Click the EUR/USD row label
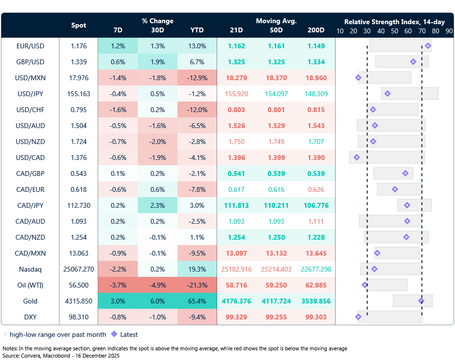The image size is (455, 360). pos(30,46)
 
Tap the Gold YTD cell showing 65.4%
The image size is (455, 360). pos(197,301)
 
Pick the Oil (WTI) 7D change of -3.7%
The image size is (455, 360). pos(117,285)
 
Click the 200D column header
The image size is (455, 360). pos(316,30)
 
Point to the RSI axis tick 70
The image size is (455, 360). pos(422,30)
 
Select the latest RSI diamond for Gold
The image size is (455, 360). pos(421,301)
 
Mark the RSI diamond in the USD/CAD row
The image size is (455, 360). pos(357,157)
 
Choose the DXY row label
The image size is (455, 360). pos(30,317)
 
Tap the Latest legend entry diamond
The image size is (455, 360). pos(114,334)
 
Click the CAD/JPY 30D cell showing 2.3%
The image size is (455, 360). pos(157,205)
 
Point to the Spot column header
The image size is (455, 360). pos(79,25)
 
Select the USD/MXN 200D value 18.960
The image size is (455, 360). pos(316,78)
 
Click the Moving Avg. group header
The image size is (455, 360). pos(276,21)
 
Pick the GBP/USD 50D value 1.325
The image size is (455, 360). pos(276,62)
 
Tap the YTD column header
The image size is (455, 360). pos(197,30)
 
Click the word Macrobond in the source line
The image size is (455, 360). pos(50,355)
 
